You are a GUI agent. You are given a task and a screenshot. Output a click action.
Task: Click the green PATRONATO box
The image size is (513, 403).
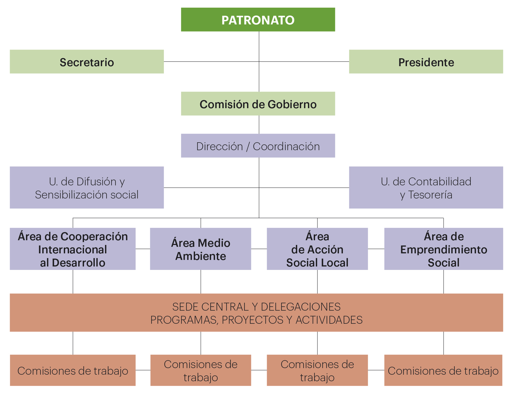(258, 20)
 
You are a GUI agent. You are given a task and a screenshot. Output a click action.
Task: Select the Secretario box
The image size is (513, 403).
(87, 62)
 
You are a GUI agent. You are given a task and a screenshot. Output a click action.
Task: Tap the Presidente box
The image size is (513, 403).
(426, 62)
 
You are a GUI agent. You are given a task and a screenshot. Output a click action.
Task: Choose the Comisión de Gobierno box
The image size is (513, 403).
(258, 104)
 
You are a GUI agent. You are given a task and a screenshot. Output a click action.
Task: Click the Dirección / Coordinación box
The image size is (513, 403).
(258, 146)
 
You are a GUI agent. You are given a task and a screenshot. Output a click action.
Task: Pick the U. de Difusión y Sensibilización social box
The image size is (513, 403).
(87, 187)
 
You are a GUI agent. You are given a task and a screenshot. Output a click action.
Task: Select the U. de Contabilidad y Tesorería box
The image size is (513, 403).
(426, 187)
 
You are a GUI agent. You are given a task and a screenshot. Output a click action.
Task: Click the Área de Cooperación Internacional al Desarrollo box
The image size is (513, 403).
(73, 249)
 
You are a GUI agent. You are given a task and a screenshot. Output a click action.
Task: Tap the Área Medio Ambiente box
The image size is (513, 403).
(201, 249)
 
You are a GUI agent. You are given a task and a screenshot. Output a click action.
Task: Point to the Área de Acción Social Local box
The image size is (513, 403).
(317, 249)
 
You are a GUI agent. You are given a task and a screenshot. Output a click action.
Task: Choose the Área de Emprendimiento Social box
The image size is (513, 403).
(444, 249)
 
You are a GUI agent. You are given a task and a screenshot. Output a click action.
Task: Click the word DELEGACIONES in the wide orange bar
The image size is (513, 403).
(301, 307)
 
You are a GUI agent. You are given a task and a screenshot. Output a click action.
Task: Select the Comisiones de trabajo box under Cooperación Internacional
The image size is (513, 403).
(73, 370)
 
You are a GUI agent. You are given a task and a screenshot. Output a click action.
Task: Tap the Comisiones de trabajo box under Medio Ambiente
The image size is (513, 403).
(201, 370)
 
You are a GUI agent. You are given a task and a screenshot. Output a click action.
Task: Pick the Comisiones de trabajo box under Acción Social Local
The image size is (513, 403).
(317, 370)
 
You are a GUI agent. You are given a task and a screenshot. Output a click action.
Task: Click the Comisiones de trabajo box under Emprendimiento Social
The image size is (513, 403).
(443, 370)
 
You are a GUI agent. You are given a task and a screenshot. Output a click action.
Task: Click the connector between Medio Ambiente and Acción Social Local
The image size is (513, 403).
(259, 249)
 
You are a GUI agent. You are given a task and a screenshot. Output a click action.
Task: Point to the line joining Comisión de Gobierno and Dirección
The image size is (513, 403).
(259, 125)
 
